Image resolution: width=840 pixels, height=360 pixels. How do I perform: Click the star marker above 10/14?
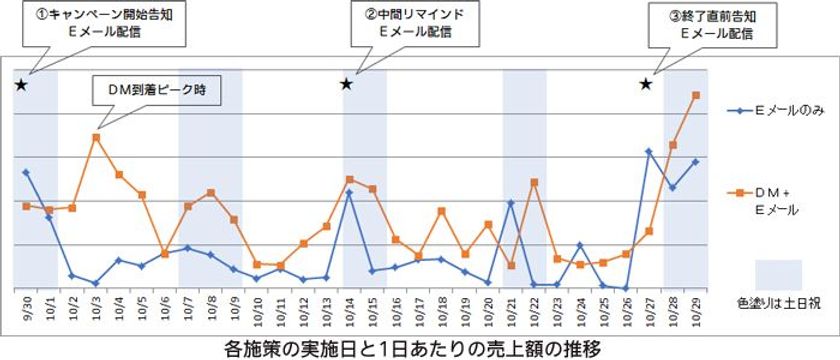pos(346,83)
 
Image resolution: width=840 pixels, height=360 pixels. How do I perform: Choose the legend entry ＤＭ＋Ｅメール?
pos(774,198)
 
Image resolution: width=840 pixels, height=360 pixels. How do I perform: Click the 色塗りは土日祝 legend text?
pos(774,299)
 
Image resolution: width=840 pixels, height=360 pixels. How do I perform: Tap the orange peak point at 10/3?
pos(95,137)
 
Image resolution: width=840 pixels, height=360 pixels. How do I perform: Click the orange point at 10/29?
pos(695,95)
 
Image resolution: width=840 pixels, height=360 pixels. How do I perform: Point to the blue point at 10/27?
pos(649,151)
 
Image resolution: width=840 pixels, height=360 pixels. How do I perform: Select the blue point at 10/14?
pos(348,192)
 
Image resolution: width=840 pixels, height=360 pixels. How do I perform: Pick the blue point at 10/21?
pos(510,203)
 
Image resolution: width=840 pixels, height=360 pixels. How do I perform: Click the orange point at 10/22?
pos(534,182)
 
